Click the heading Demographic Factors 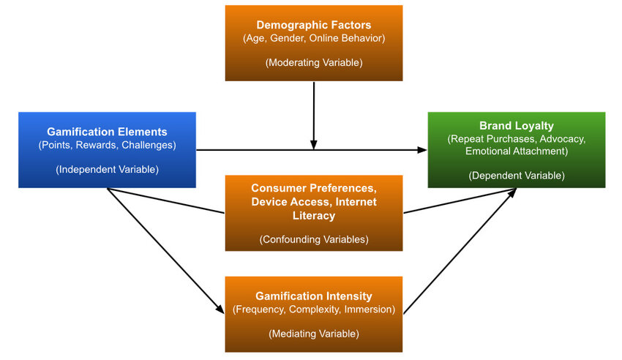click(313, 24)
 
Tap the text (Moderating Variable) click(313, 63)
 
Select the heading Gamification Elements click(107, 132)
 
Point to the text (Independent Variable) click(107, 170)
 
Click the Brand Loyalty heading click(516, 126)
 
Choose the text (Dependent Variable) click(516, 176)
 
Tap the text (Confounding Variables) click(313, 239)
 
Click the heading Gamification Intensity click(313, 296)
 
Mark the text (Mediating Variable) click(313, 334)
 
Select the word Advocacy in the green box click(560, 138)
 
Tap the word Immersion click(370, 309)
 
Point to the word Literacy click(313, 215)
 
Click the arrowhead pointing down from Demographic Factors click(313, 145)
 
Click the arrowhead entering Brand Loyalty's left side click(422, 150)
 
